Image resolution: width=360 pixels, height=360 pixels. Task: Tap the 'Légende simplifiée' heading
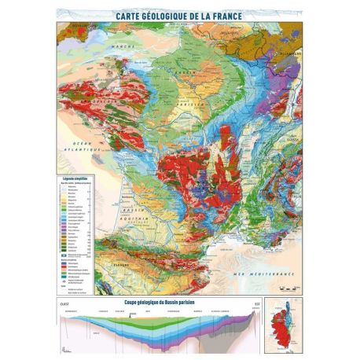(74, 179)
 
